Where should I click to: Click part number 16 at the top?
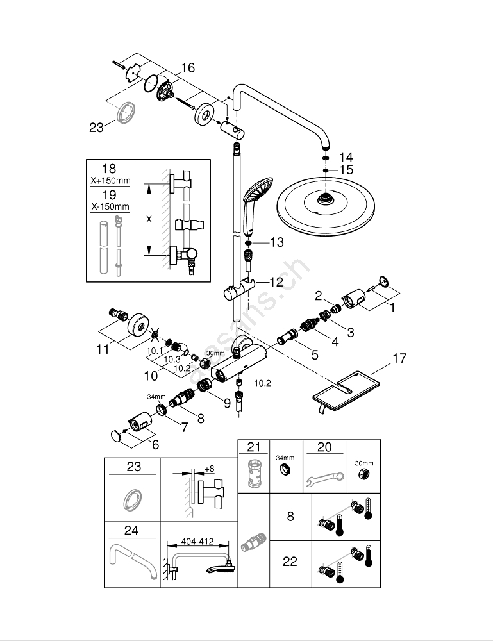click(187, 68)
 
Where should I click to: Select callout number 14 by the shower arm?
click(346, 157)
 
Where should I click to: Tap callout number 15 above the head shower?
click(346, 171)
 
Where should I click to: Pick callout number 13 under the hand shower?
click(276, 242)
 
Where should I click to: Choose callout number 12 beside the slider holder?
click(276, 281)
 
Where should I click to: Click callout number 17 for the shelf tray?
click(399, 360)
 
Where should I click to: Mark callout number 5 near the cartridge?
click(315, 353)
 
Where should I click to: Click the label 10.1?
click(155, 351)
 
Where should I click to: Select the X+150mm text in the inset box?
click(109, 181)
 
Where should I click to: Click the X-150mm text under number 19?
click(109, 206)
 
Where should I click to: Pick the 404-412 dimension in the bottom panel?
click(197, 542)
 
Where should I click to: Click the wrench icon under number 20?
click(324, 478)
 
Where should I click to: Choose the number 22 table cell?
click(290, 562)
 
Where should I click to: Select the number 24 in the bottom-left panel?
click(133, 531)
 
